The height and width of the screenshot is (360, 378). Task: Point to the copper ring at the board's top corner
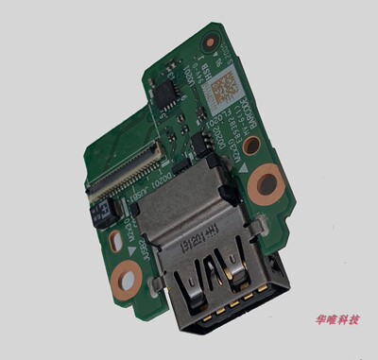210,42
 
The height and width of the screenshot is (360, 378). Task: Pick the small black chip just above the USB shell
199,141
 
